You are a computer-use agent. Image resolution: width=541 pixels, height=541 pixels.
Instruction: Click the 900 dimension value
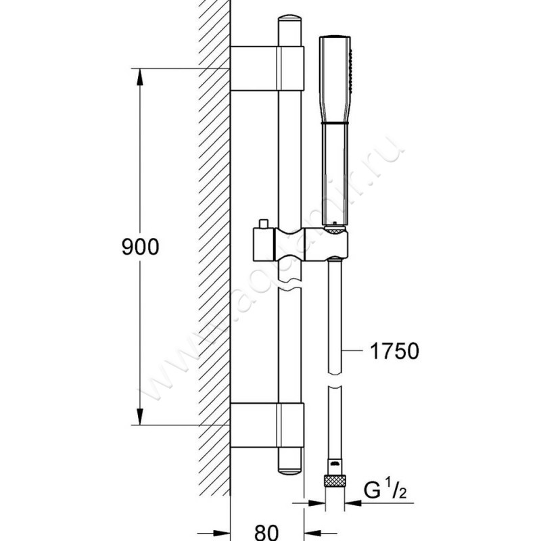tap(140, 248)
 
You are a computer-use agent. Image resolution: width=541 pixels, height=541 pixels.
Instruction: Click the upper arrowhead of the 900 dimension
tap(140, 76)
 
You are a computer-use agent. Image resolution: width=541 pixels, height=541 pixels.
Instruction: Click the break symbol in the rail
tap(291, 284)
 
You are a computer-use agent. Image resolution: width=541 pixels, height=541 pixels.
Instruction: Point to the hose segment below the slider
tap(335, 318)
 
